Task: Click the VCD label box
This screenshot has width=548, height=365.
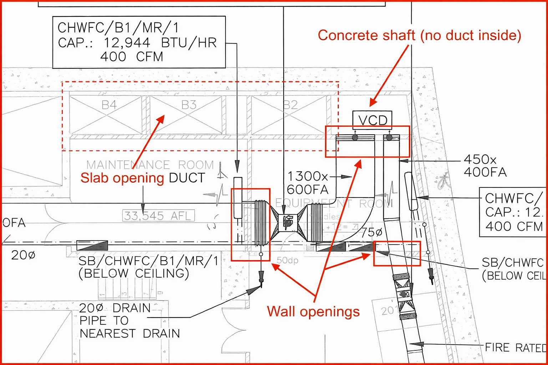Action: [x=372, y=120]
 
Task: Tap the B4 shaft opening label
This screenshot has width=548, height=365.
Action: [x=109, y=105]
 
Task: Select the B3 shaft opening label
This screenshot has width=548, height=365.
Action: [x=189, y=105]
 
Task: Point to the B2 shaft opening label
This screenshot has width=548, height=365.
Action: [x=290, y=105]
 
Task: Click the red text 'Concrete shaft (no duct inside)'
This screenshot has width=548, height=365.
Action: [x=419, y=35]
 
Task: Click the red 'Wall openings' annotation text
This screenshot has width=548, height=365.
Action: [x=313, y=311]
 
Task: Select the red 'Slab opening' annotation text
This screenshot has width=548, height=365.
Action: [x=122, y=178]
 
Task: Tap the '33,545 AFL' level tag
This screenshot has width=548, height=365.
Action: [x=159, y=216]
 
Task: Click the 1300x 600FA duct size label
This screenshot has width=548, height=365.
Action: [x=308, y=182]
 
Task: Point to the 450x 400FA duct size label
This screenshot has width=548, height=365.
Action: [x=485, y=166]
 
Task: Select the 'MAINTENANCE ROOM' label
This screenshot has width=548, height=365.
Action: [x=150, y=165]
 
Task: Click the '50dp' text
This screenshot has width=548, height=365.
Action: [x=288, y=261]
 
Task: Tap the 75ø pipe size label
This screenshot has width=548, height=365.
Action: [x=371, y=233]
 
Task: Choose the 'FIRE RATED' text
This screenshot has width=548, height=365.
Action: [x=516, y=347]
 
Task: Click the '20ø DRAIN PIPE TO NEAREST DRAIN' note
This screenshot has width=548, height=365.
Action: [x=130, y=320]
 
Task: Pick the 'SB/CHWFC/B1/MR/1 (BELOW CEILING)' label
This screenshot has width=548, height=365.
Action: [x=148, y=267]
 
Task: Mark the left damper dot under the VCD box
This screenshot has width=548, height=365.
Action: [x=355, y=137]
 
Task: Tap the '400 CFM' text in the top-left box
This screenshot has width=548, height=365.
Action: [x=131, y=57]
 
